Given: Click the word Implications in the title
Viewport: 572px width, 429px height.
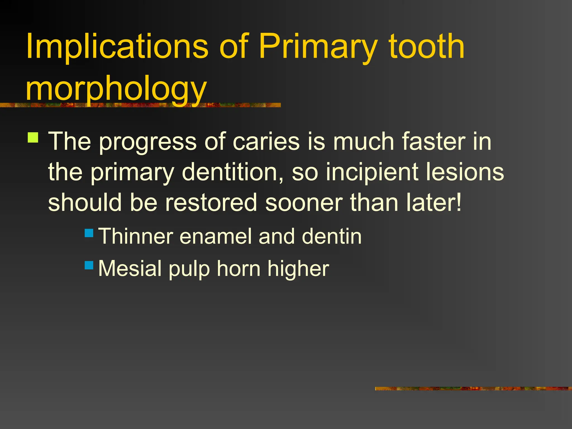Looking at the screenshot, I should [x=117, y=47].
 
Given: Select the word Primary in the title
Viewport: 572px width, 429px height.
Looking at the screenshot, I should [x=318, y=47].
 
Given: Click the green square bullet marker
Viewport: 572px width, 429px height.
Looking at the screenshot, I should [x=33, y=138].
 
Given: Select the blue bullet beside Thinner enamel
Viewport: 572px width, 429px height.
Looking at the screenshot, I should [x=89, y=233].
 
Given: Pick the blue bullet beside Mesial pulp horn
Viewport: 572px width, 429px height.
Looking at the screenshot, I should [x=89, y=265].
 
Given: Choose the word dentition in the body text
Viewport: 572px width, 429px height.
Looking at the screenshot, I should [x=232, y=172].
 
